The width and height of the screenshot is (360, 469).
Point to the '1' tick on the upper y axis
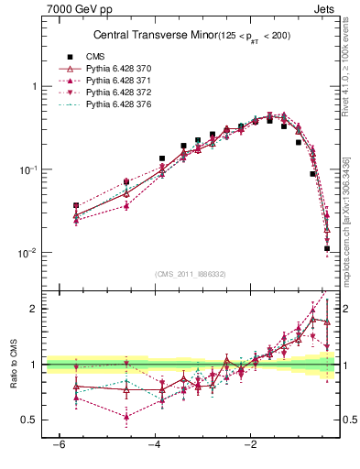34,86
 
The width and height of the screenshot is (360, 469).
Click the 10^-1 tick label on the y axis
29,169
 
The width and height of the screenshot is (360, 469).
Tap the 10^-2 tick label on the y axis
29,253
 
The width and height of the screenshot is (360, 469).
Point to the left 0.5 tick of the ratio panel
29,420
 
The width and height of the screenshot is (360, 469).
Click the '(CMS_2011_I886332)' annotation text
191,274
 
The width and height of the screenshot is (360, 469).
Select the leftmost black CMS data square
76,206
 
